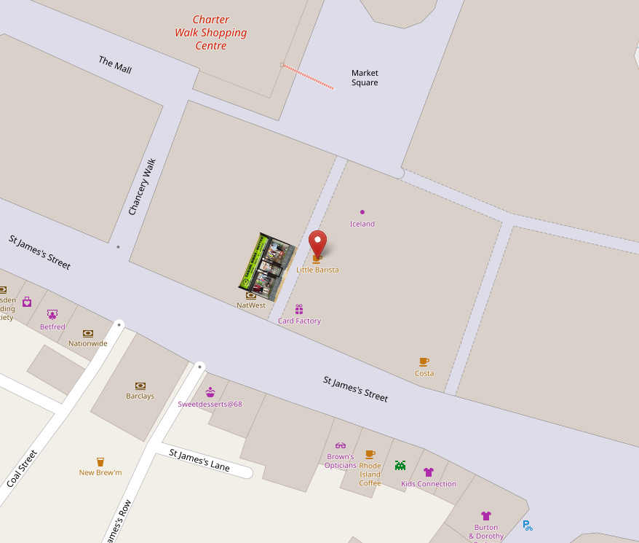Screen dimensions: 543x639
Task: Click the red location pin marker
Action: pos(317,243)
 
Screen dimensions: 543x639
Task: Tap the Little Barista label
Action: pos(317,270)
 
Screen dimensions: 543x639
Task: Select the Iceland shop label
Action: pos(362,224)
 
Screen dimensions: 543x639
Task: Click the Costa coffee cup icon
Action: pos(424,362)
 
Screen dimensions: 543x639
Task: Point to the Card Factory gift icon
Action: pos(299,309)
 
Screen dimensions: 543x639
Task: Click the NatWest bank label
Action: pos(251,305)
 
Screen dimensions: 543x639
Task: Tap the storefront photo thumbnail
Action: pos(266,267)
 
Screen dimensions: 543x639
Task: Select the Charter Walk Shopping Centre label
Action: pos(211,33)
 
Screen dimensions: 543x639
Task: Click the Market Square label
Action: pos(365,77)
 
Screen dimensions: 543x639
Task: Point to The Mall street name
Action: pos(115,64)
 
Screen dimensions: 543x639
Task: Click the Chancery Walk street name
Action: pos(143,187)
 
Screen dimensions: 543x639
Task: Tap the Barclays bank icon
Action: pos(140,386)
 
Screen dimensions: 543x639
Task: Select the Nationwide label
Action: pos(88,343)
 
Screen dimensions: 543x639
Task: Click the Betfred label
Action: pos(52,327)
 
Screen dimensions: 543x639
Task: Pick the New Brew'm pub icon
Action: pos(100,461)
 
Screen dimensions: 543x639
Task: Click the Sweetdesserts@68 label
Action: pos(210,404)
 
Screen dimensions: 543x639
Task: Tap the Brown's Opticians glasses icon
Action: pos(341,445)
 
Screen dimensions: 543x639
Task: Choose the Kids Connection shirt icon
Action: pos(429,472)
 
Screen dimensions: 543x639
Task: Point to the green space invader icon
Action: pos(400,465)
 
